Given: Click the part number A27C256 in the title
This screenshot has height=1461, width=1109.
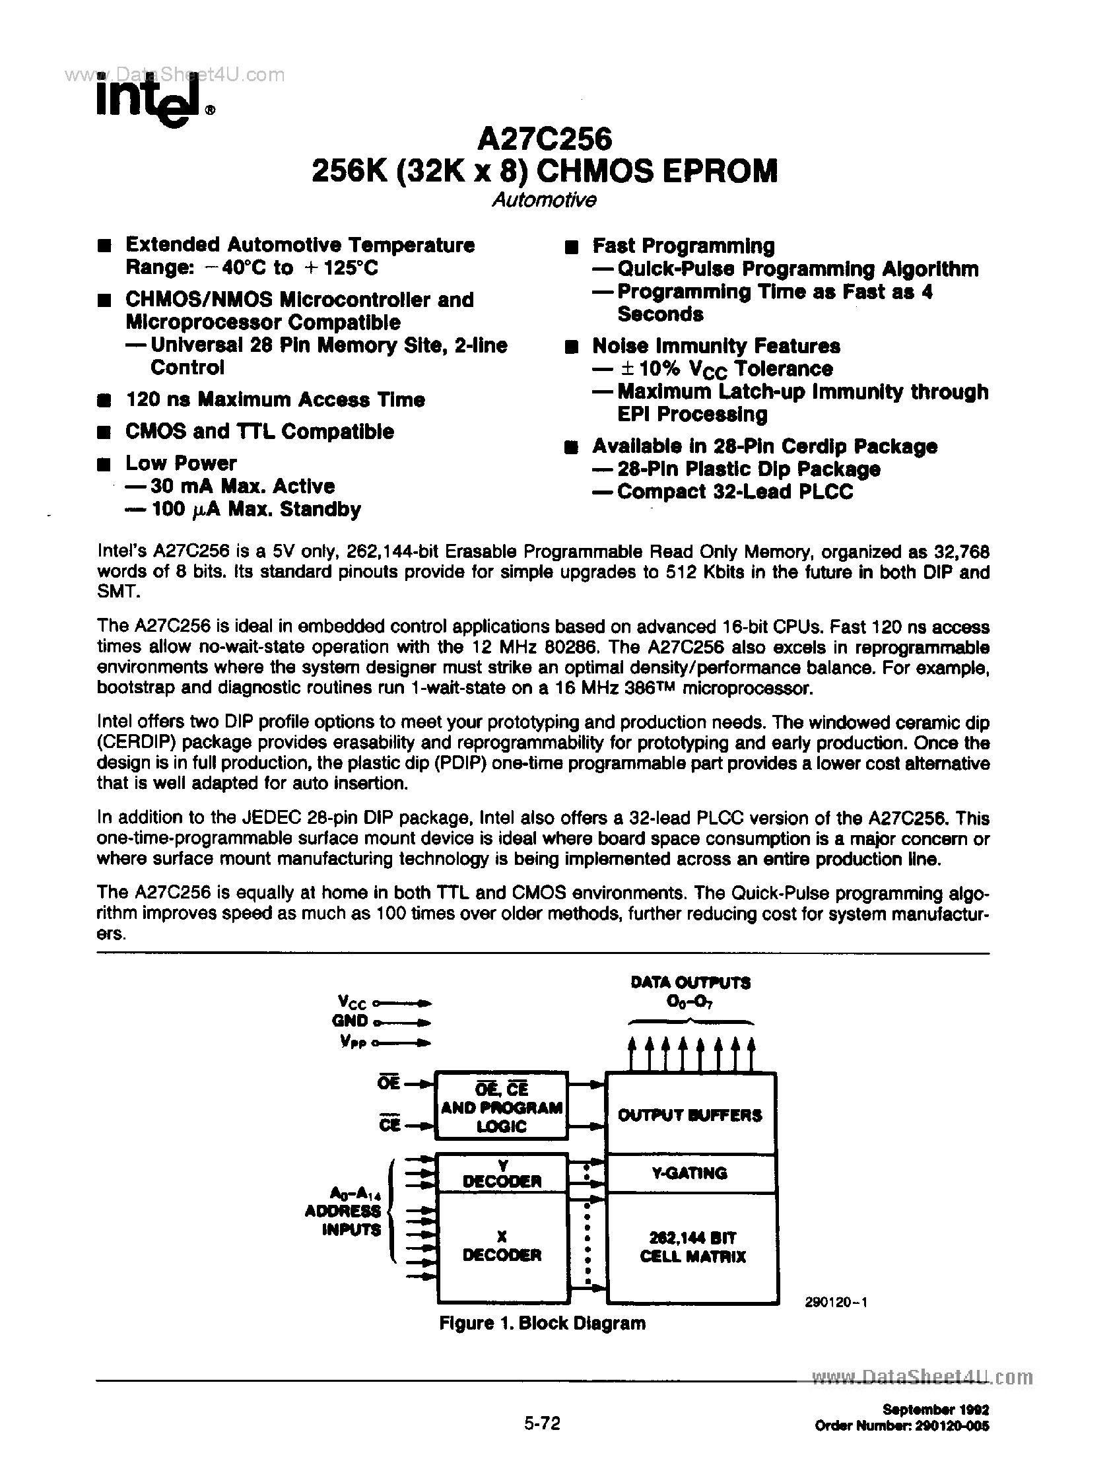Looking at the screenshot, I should click(x=544, y=139).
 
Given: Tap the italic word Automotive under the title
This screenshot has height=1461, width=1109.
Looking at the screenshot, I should click(x=544, y=200).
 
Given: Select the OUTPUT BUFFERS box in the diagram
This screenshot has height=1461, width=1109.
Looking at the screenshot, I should click(x=690, y=1116).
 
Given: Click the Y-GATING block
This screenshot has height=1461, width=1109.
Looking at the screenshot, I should click(x=690, y=1173).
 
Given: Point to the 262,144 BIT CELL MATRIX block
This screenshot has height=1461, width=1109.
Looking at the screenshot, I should click(x=692, y=1247).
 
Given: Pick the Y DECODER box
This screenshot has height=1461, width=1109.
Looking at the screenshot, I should click(x=502, y=1174).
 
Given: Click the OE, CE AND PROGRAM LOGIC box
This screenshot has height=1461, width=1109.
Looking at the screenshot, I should click(x=501, y=1107).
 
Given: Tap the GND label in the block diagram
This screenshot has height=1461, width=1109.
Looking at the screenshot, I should click(x=350, y=1021).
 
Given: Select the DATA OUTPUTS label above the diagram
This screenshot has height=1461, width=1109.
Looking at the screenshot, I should click(x=690, y=983).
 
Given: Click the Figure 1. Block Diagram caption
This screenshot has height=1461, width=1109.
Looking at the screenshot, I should click(x=541, y=1323).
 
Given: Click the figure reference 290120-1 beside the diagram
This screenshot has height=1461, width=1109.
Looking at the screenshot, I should click(x=836, y=1301).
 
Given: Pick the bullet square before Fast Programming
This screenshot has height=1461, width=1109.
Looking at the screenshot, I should click(x=572, y=248).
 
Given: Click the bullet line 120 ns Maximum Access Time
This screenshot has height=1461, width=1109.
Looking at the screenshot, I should click(x=275, y=399).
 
